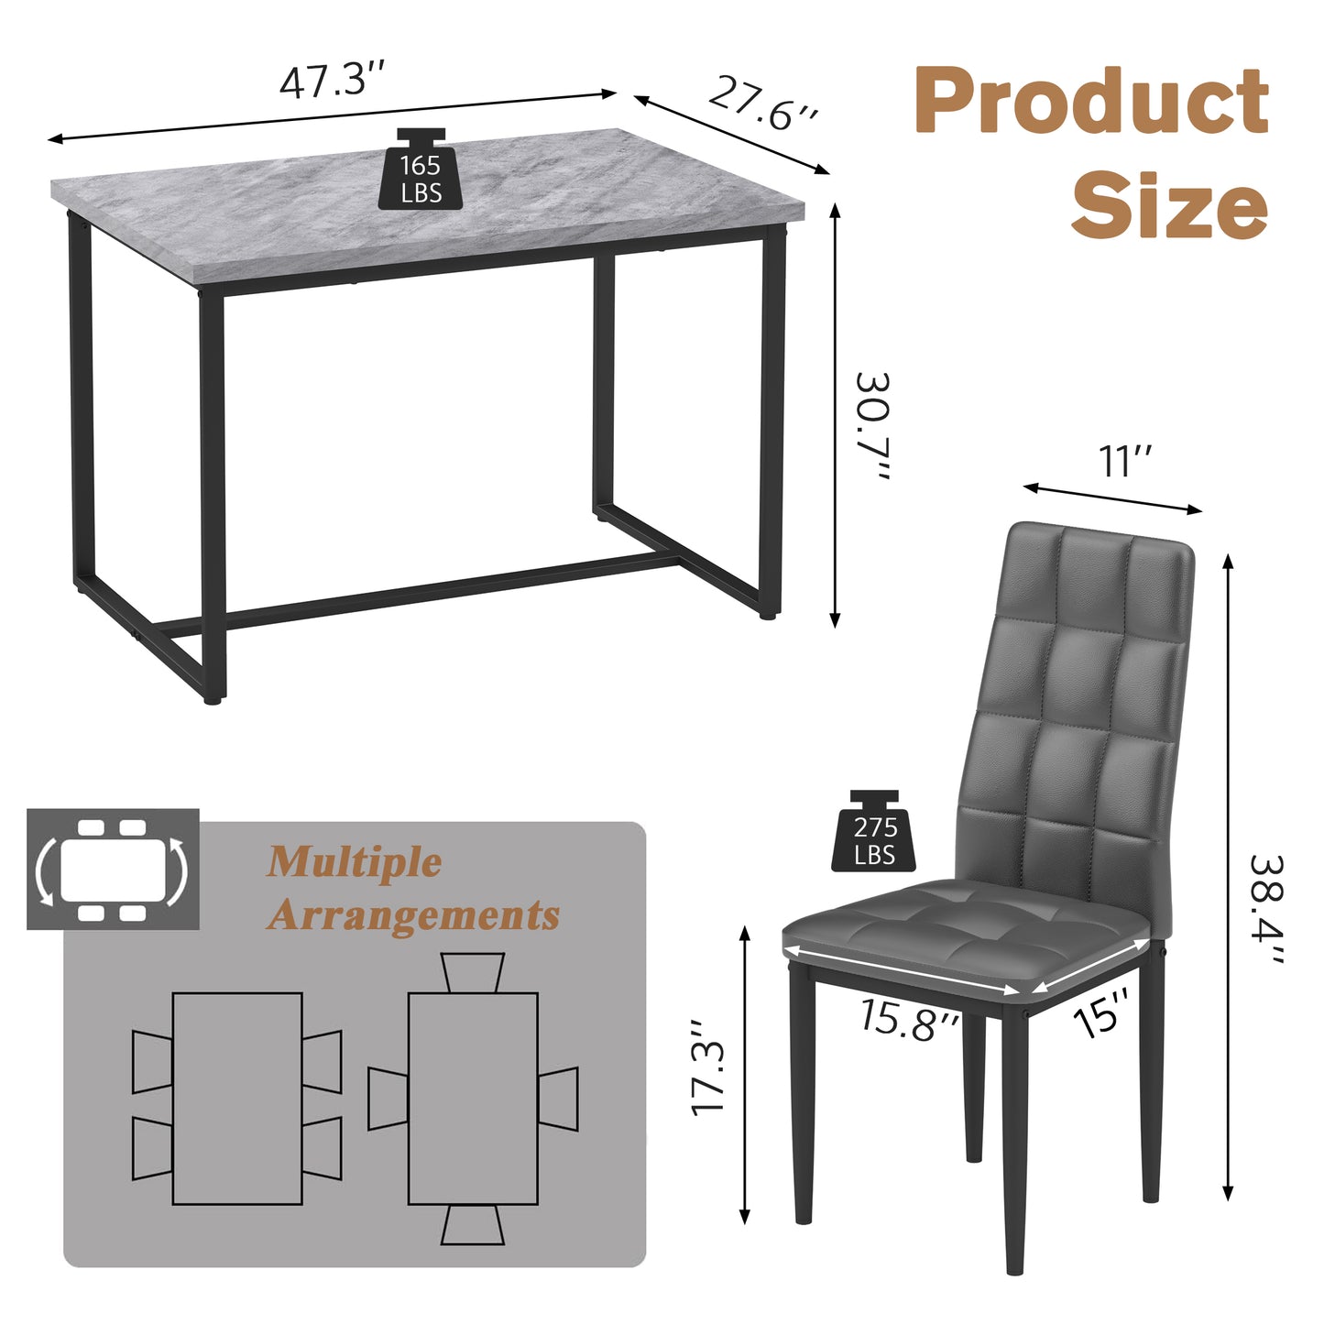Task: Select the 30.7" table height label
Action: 871,428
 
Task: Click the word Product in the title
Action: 1091,102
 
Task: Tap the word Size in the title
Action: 1169,205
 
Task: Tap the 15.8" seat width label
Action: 909,1019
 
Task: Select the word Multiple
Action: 355,862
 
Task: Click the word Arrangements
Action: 413,915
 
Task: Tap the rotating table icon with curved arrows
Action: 113,869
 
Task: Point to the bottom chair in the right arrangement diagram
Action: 472,1225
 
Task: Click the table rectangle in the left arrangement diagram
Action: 237,1098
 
